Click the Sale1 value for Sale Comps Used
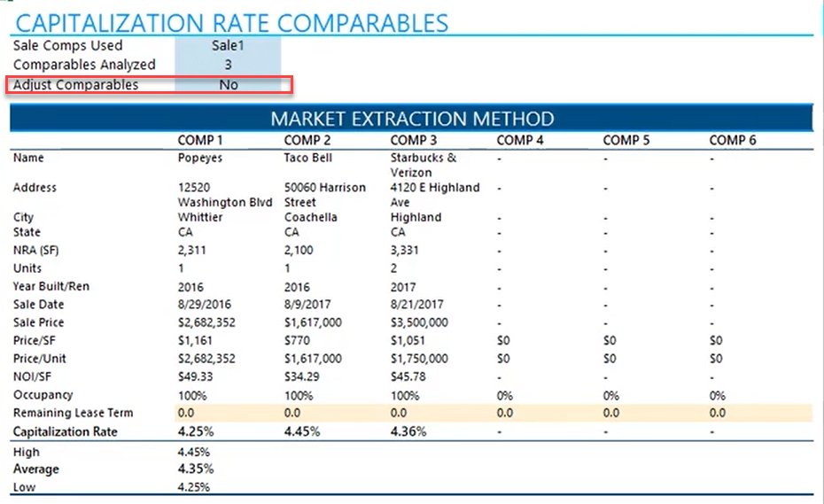coord(228,46)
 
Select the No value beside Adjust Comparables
coord(229,85)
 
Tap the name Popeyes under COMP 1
coord(199,158)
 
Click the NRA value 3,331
coord(405,251)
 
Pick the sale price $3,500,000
coord(419,322)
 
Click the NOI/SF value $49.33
coord(195,376)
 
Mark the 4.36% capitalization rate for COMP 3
coord(408,431)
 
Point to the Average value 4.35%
coord(196,469)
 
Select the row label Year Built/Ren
coord(51,286)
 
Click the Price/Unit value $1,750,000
coord(419,359)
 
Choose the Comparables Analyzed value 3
coord(229,65)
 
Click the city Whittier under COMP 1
coord(200,217)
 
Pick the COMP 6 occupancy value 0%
coord(718,395)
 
